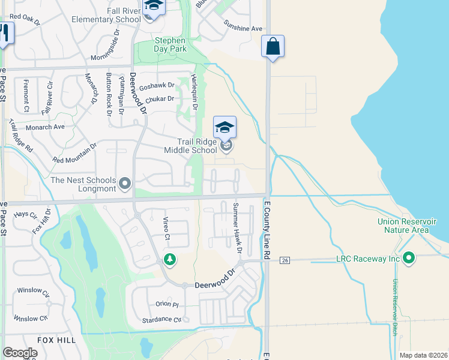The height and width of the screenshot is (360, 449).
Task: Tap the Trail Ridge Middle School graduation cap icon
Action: point(225,127)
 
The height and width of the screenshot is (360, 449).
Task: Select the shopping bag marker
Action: point(273,46)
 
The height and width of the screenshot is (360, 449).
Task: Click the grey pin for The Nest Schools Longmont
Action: point(125,182)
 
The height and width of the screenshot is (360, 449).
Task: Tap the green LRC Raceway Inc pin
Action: point(409,258)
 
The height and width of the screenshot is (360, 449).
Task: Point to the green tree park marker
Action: point(170,259)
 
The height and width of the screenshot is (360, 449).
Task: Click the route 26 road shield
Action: point(285,260)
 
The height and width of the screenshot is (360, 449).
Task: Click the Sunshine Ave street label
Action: point(243,28)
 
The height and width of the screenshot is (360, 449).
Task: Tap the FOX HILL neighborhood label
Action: point(56,340)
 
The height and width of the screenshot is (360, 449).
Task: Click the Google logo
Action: point(20,353)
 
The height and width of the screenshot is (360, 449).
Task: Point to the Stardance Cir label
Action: point(161,320)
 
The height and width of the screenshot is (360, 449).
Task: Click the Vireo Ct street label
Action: point(167,227)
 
